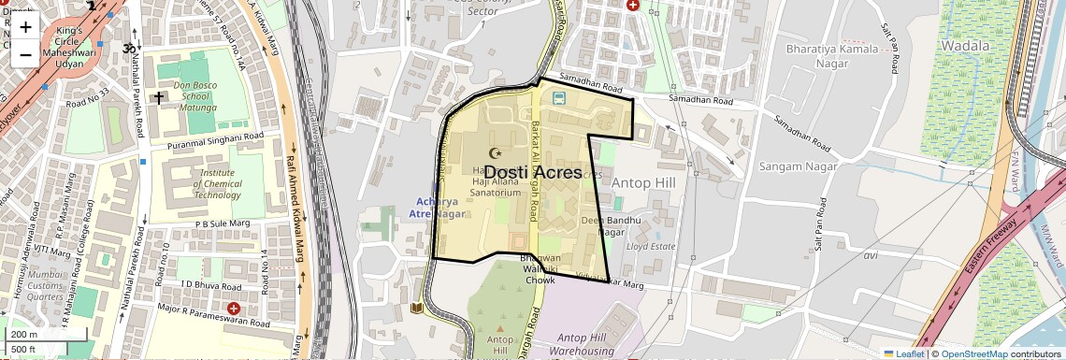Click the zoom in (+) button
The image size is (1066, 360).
pyautogui.click(x=25, y=26)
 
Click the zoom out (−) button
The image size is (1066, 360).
pyautogui.click(x=25, y=54)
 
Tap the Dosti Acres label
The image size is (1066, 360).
pyautogui.click(x=533, y=172)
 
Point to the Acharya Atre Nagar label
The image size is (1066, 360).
pyautogui.click(x=438, y=208)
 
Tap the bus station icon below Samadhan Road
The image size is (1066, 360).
pyautogui.click(x=558, y=97)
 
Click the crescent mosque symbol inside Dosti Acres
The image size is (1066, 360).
pyautogui.click(x=496, y=152)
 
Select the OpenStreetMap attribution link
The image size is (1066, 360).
pyautogui.click(x=973, y=353)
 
